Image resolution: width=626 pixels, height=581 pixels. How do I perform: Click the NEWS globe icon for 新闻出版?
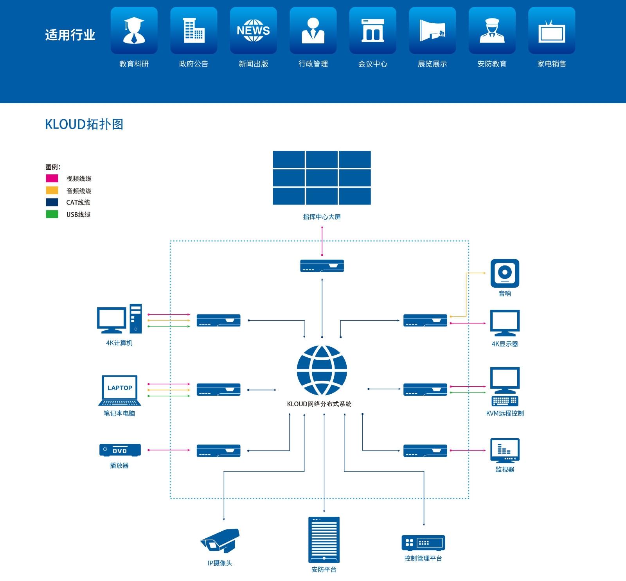click(x=253, y=30)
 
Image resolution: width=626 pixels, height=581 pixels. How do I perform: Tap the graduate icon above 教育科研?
click(x=134, y=30)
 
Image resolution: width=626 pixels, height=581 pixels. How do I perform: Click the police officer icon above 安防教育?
click(x=492, y=30)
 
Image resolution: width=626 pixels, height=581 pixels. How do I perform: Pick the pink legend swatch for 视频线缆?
click(x=52, y=178)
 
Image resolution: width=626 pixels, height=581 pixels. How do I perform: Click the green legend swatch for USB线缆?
click(x=52, y=214)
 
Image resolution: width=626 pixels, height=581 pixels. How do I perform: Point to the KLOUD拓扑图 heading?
click(x=84, y=124)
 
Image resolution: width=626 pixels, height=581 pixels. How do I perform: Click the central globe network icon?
click(x=322, y=370)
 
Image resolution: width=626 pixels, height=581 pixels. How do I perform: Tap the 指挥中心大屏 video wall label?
click(x=322, y=217)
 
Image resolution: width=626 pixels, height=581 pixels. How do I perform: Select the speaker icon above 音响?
click(x=505, y=273)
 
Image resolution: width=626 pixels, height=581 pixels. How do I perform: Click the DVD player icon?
click(x=120, y=450)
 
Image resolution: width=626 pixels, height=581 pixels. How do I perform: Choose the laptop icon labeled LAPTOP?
click(x=120, y=391)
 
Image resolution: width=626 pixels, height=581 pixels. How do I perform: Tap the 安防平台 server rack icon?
click(x=324, y=540)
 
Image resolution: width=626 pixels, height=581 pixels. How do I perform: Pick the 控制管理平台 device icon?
click(x=423, y=543)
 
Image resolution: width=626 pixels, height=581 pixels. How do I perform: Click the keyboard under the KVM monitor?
click(x=505, y=401)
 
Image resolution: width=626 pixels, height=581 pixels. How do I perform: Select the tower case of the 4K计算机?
click(x=136, y=318)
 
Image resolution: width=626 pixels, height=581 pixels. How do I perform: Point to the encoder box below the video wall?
click(x=322, y=266)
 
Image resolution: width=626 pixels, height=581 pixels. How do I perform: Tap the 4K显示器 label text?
click(x=505, y=344)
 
